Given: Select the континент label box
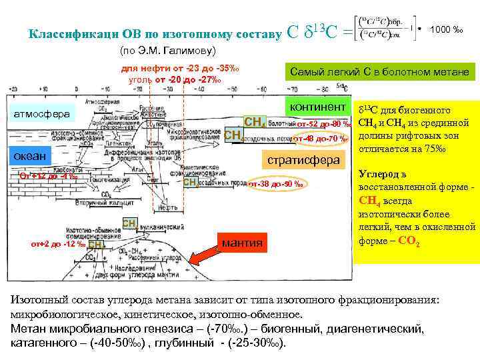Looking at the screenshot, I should pyautogui.click(x=316, y=107).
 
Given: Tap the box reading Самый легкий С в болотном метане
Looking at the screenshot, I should pyautogui.click(x=378, y=72).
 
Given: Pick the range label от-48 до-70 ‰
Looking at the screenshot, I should pyautogui.click(x=321, y=139).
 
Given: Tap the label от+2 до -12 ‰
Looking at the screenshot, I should pyautogui.click(x=59, y=244).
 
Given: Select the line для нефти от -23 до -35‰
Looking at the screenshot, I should pyautogui.click(x=179, y=70).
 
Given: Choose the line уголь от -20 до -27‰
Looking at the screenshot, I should pyautogui.click(x=175, y=81).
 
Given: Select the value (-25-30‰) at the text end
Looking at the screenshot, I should pyautogui.click(x=256, y=344).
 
